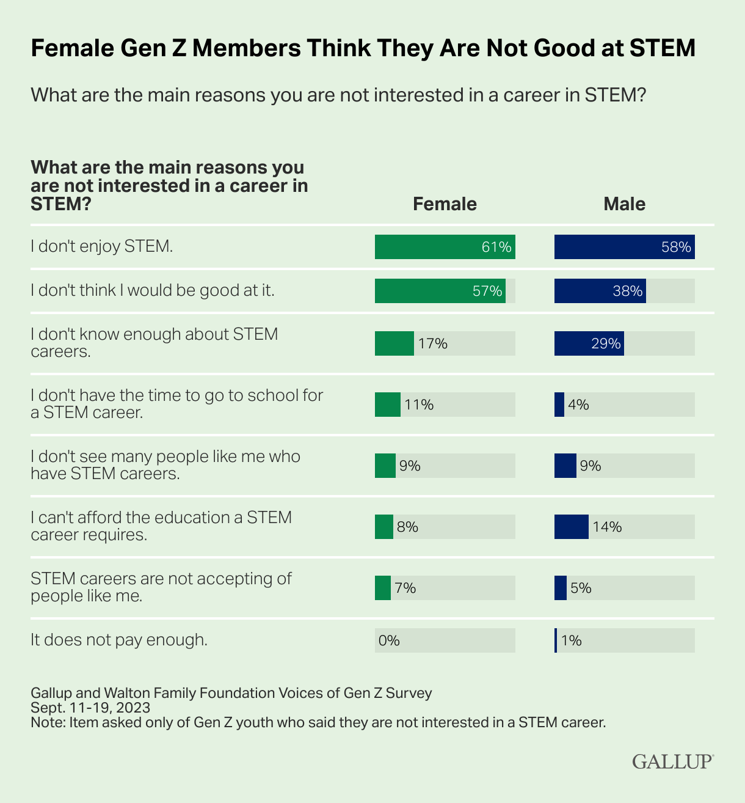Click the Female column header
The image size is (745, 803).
445,204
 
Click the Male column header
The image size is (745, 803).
624,204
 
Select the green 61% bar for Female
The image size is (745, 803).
445,247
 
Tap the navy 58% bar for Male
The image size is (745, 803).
624,247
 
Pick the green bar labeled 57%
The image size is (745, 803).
440,291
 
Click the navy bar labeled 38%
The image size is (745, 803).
600,291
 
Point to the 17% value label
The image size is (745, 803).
433,343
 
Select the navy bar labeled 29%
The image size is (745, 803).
589,343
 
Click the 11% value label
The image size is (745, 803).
419,405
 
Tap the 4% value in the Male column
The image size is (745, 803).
578,405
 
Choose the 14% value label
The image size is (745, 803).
607,527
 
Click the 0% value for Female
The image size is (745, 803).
389,640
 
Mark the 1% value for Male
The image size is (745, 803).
572,640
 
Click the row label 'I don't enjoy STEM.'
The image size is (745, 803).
102,246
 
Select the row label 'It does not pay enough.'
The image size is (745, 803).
119,640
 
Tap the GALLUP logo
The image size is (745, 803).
672,761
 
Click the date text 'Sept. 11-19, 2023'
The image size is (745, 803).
90,708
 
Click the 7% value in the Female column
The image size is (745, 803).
405,588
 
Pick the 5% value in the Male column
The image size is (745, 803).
581,588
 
